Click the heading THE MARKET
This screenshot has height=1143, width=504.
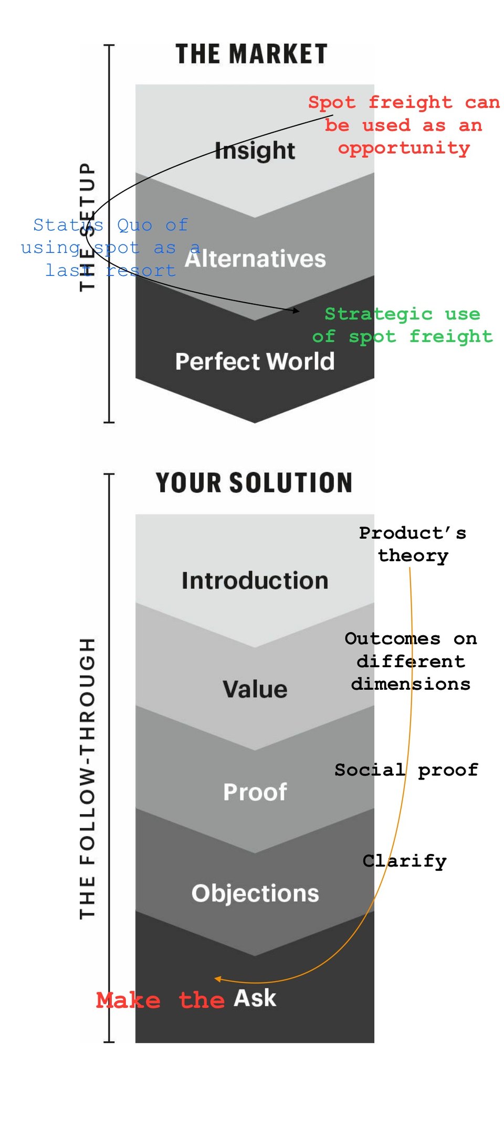point(251,54)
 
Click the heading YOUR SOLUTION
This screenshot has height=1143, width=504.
point(254,483)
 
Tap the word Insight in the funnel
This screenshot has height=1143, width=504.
point(255,151)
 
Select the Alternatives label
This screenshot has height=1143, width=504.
point(255,259)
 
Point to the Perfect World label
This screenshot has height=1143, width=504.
point(255,361)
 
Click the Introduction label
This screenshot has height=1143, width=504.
point(255,581)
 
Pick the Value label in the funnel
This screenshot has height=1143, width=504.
point(255,689)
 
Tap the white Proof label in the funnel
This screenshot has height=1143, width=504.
point(255,792)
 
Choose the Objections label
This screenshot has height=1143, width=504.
point(255,894)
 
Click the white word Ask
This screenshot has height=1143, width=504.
point(255,998)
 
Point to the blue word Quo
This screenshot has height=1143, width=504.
point(135,226)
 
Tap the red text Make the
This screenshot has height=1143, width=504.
point(161,1000)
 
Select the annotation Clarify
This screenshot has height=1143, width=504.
point(404,861)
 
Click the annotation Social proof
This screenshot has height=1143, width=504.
point(406,770)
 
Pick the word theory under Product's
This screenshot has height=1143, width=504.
point(413,556)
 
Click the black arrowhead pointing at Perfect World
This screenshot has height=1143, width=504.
point(297,311)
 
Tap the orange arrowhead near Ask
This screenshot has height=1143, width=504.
point(217,978)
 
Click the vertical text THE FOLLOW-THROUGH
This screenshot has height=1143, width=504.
point(88,778)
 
